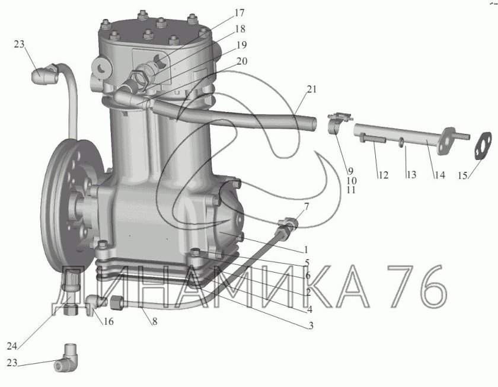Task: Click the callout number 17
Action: click(239, 12)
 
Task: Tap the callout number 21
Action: click(312, 89)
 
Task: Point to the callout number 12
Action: click(383, 175)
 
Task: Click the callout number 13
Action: click(411, 175)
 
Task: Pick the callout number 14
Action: click(439, 175)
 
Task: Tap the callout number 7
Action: click(307, 206)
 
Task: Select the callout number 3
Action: click(309, 325)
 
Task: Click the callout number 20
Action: click(242, 61)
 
